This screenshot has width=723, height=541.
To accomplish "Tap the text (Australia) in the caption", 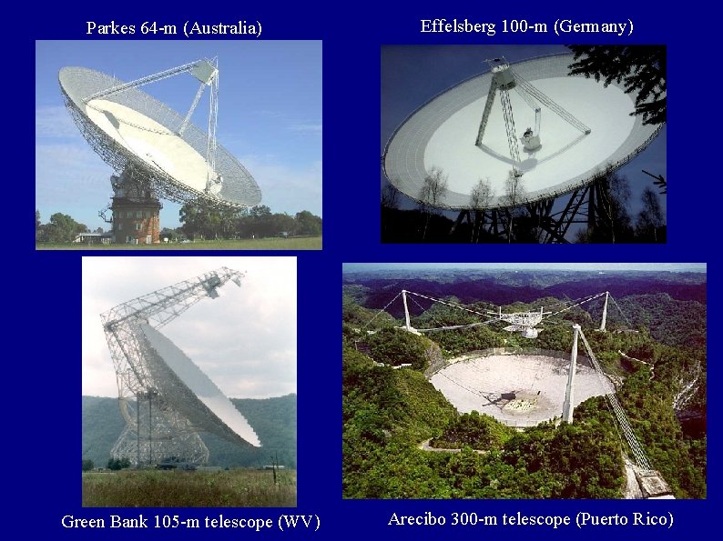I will pyautogui.click(x=223, y=28).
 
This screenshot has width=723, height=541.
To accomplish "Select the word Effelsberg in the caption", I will pyautogui.click(x=458, y=26).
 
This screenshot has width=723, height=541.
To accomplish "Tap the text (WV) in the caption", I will pyautogui.click(x=299, y=522).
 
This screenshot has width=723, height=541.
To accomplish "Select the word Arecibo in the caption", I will pyautogui.click(x=416, y=519).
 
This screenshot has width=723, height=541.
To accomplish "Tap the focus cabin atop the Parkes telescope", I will pyautogui.click(x=205, y=69).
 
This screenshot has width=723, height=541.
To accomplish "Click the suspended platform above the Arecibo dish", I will pyautogui.click(x=522, y=320).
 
